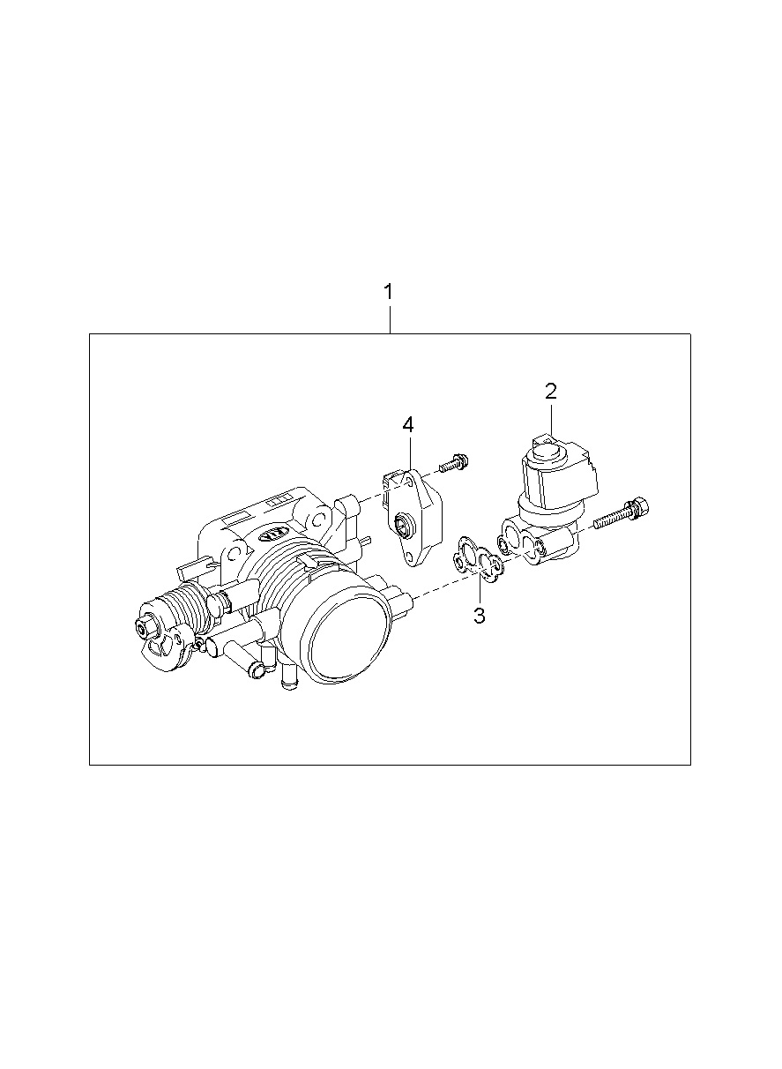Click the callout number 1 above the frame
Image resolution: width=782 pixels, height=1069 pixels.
coord(390,292)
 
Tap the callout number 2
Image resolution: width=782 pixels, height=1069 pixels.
coord(551,392)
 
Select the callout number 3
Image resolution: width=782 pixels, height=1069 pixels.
coord(480,616)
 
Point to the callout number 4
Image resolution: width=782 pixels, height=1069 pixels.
coord(408,425)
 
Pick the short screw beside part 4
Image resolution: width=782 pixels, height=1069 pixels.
coord(454,463)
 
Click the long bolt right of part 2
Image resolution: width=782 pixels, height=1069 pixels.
coord(622,512)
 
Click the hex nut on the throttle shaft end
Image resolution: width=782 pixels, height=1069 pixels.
coord(145,629)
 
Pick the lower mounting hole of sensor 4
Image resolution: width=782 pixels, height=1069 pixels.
coord(408,556)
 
